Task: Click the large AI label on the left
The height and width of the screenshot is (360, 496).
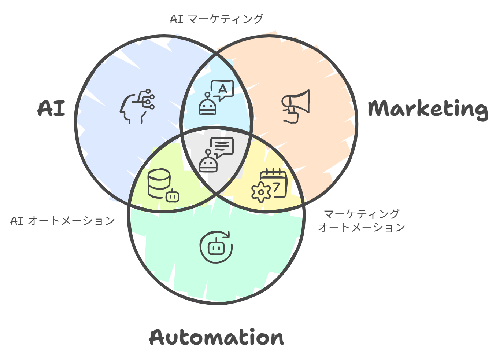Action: tap(51, 109)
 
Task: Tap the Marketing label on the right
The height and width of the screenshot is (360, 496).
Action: tap(427, 109)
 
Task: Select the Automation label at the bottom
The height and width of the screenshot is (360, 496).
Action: tap(216, 337)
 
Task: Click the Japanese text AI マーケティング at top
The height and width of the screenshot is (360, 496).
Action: tap(216, 19)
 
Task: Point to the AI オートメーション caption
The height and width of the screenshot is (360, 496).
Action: tap(63, 221)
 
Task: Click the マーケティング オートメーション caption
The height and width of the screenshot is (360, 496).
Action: tap(362, 220)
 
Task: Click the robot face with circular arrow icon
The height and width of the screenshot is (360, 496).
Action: tap(216, 247)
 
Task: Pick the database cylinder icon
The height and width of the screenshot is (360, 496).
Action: tap(159, 183)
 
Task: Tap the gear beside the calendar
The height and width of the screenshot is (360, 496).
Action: tap(261, 192)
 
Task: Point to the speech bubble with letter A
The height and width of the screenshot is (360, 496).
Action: tap(222, 89)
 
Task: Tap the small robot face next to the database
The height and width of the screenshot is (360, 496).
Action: tap(172, 196)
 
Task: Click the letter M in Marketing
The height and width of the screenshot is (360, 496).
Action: tap(379, 109)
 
